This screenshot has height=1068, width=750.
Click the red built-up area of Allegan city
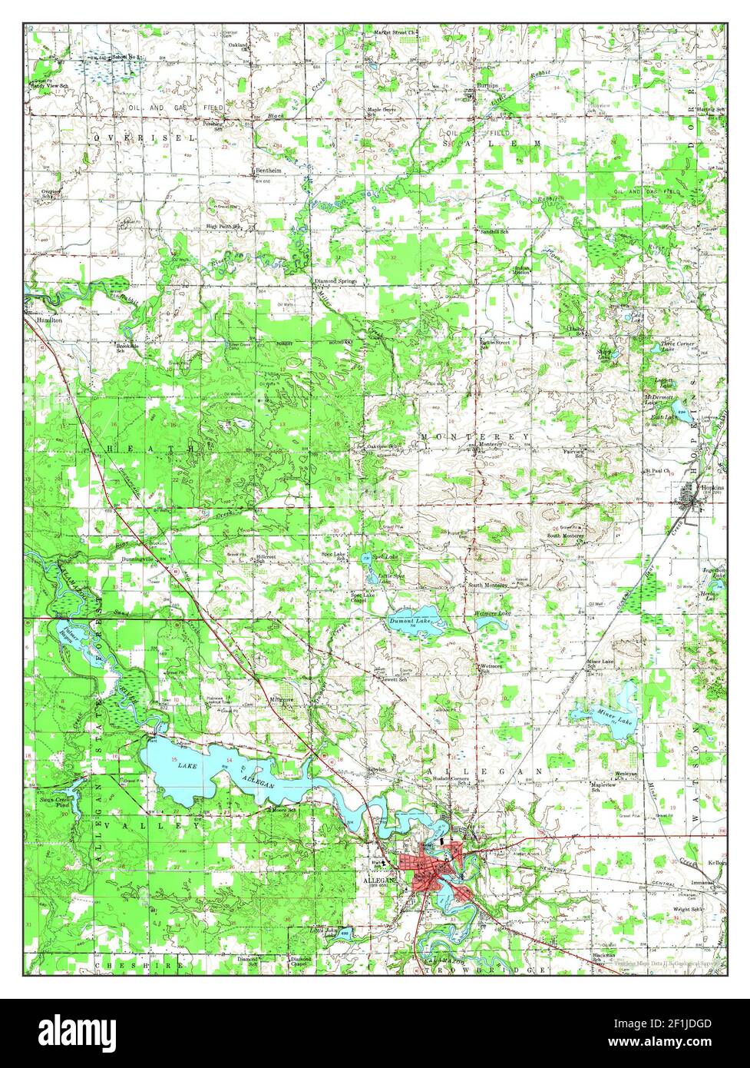tap(434, 868)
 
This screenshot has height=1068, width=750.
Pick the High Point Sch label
tap(223, 227)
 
